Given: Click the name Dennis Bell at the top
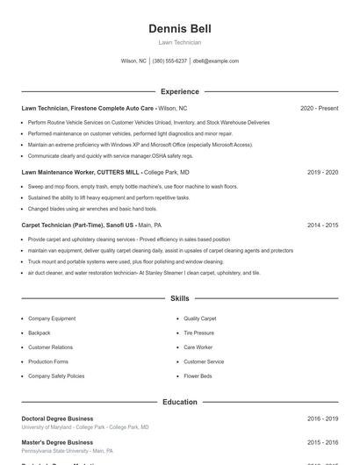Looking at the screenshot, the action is [x=179, y=29].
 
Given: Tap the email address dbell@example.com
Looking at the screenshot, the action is [x=215, y=61].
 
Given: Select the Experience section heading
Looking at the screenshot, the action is [x=179, y=91].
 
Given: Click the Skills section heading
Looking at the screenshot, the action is [x=179, y=298].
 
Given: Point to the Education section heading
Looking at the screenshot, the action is [x=179, y=402].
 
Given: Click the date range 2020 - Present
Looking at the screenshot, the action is [x=319, y=108].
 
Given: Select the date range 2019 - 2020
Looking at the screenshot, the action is [x=322, y=173].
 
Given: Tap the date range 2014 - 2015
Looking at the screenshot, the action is [x=322, y=225].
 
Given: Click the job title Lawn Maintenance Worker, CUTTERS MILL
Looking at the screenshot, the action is [x=80, y=173].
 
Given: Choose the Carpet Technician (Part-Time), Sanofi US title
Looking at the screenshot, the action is [x=78, y=225].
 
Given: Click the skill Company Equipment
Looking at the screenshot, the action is [x=52, y=318].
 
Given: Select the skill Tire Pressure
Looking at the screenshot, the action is [x=198, y=333].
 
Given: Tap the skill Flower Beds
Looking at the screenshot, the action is [x=198, y=376].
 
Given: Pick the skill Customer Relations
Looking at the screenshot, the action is [x=50, y=347].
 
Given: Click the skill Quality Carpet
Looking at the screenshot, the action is [x=199, y=318].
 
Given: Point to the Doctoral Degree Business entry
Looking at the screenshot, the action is [x=57, y=418].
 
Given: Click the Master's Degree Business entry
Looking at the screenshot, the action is [x=57, y=442].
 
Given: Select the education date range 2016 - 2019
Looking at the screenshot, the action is [x=322, y=418].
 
